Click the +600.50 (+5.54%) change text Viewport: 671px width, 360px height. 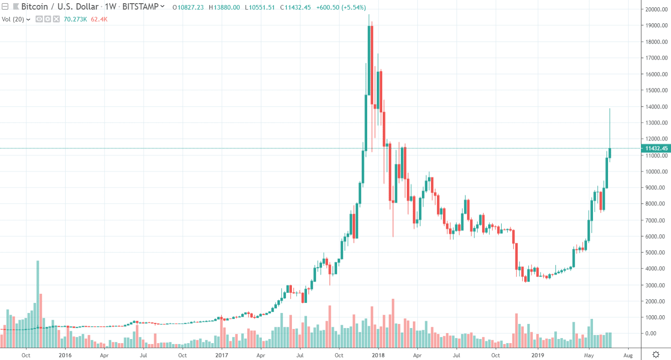342,7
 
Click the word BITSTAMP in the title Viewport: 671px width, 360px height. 141,7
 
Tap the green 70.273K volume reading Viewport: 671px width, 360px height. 76,19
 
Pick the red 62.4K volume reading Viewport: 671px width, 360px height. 99,19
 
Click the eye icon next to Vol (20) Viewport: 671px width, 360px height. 39,19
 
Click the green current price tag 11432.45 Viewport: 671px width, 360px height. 655,148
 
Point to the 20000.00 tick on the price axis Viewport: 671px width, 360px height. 655,10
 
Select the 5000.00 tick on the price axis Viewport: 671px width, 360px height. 655,252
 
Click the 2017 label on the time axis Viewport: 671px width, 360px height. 222,355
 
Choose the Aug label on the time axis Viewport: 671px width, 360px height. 628,355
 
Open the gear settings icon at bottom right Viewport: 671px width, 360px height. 656,355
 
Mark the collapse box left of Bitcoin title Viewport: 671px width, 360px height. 5,7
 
